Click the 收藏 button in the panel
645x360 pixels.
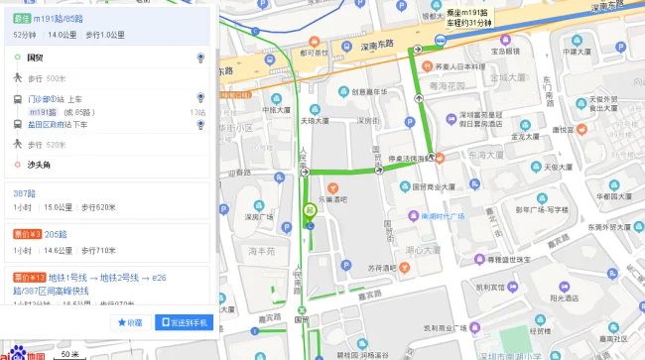130,322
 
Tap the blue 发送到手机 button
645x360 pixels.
182,322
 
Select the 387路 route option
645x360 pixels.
26,191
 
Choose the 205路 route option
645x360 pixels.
55,235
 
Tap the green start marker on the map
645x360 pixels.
310,210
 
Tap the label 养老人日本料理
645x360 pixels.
464,67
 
